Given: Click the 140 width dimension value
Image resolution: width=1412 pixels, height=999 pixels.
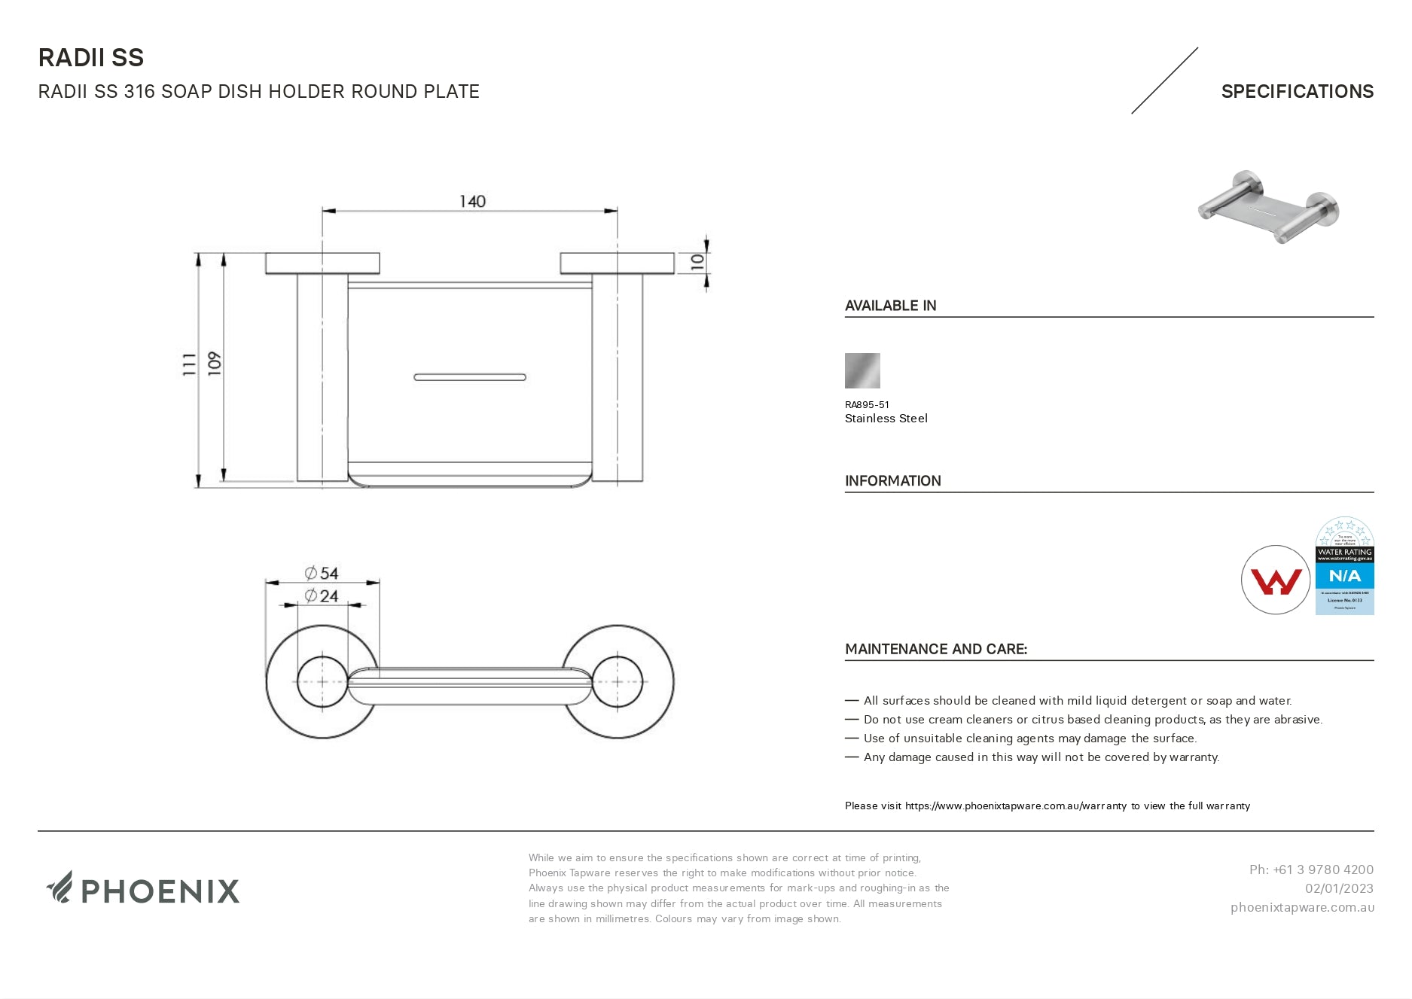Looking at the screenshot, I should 472,201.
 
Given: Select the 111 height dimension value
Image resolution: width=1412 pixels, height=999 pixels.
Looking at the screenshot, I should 189,364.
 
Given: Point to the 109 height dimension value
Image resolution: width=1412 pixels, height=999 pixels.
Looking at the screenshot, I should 215,364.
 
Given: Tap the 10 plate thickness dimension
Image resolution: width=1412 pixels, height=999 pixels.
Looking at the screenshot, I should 697,262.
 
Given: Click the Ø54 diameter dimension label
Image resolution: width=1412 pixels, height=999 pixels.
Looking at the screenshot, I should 322,573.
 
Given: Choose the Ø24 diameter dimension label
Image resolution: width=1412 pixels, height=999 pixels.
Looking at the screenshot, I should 322,596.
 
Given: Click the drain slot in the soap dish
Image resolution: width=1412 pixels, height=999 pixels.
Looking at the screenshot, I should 470,376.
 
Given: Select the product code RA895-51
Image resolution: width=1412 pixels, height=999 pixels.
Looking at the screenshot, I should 867,404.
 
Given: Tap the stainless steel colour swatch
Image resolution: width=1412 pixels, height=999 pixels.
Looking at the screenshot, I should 862,370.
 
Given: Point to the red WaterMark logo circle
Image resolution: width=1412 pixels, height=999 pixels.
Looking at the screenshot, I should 1276,580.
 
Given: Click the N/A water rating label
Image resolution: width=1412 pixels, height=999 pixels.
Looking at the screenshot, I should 1344,576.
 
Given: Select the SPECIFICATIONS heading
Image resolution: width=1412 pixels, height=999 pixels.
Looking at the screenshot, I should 1297,91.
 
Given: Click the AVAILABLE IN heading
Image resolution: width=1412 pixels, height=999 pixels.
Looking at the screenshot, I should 890,306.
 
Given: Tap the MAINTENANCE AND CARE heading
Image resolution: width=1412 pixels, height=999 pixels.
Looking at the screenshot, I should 935,649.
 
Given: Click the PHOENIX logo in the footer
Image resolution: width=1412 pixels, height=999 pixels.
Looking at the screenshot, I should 143,890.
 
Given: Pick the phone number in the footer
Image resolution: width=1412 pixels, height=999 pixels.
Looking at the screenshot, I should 1311,870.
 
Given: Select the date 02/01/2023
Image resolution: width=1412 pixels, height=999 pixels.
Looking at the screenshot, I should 1339,888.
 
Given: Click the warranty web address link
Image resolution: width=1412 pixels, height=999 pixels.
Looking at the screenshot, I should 1015,806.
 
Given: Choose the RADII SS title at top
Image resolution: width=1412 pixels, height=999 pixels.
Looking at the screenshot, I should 91,58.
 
